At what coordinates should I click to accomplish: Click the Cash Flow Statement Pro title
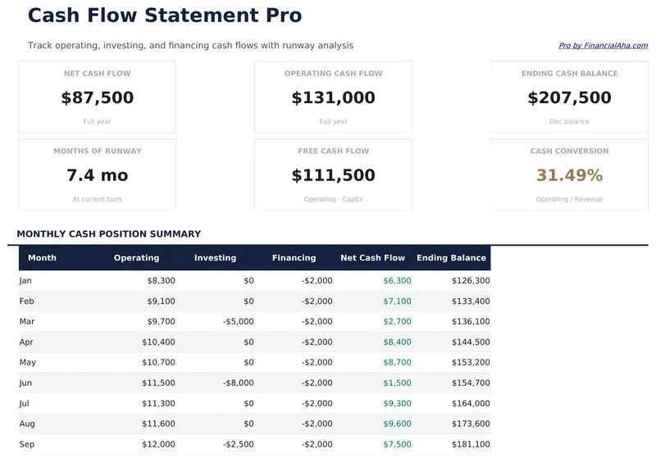[165, 16]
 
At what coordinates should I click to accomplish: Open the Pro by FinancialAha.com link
[603, 46]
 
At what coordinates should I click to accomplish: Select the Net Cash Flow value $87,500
[98, 98]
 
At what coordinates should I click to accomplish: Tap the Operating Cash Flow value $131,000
[333, 98]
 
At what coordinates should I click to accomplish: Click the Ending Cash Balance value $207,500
[569, 98]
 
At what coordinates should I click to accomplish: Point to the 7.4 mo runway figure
[98, 175]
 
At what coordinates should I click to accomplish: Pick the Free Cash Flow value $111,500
[333, 175]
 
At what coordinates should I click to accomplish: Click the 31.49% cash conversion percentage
[569, 175]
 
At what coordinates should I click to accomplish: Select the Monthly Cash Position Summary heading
[108, 234]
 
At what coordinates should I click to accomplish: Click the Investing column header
[215, 258]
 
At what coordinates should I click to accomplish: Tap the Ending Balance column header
[451, 258]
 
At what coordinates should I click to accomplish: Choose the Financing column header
[294, 258]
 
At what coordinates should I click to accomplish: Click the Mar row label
[26, 322]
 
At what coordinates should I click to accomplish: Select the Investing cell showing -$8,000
[238, 383]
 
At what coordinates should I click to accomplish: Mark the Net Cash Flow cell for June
[397, 383]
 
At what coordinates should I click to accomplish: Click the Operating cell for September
[160, 445]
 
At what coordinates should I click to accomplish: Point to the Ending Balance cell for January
[471, 281]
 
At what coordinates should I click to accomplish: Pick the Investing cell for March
[238, 322]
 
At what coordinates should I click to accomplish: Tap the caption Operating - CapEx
[333, 199]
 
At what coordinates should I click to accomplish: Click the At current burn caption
[98, 199]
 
